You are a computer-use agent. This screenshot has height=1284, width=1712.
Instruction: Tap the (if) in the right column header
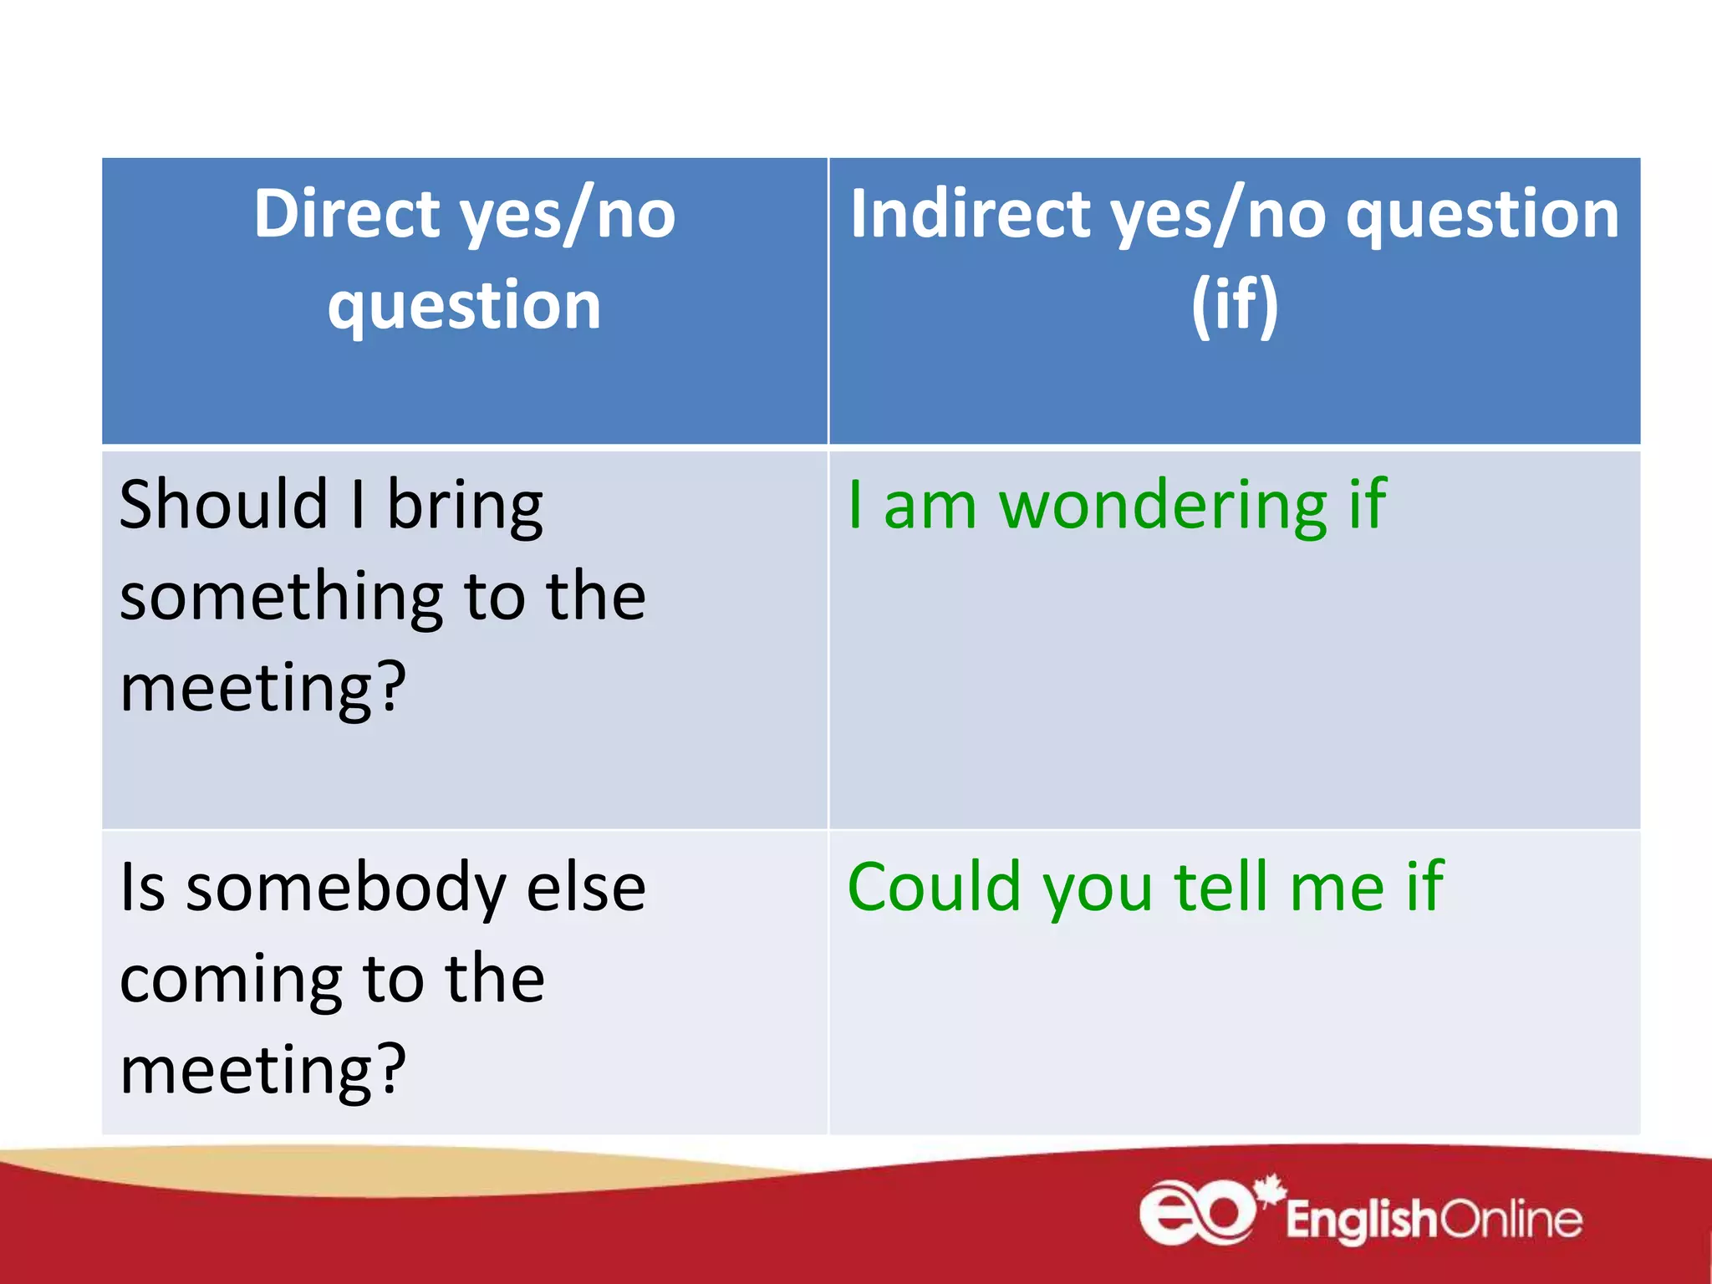[x=1235, y=305]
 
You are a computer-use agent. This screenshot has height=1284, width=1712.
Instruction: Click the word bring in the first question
[x=465, y=507]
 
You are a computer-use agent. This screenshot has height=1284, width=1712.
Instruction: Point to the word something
[x=281, y=598]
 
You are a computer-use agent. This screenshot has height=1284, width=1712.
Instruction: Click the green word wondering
[x=1164, y=507]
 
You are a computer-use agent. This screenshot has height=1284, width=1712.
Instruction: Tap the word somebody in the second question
[x=345, y=888]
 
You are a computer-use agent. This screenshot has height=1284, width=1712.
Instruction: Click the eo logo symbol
[x=1195, y=1213]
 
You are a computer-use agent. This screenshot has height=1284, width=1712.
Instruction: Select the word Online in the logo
[x=1511, y=1220]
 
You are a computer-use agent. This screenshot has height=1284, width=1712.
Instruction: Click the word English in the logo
[x=1361, y=1220]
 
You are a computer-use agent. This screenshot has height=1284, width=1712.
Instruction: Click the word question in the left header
[x=464, y=307]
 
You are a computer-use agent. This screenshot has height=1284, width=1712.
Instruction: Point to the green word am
[x=930, y=507]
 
